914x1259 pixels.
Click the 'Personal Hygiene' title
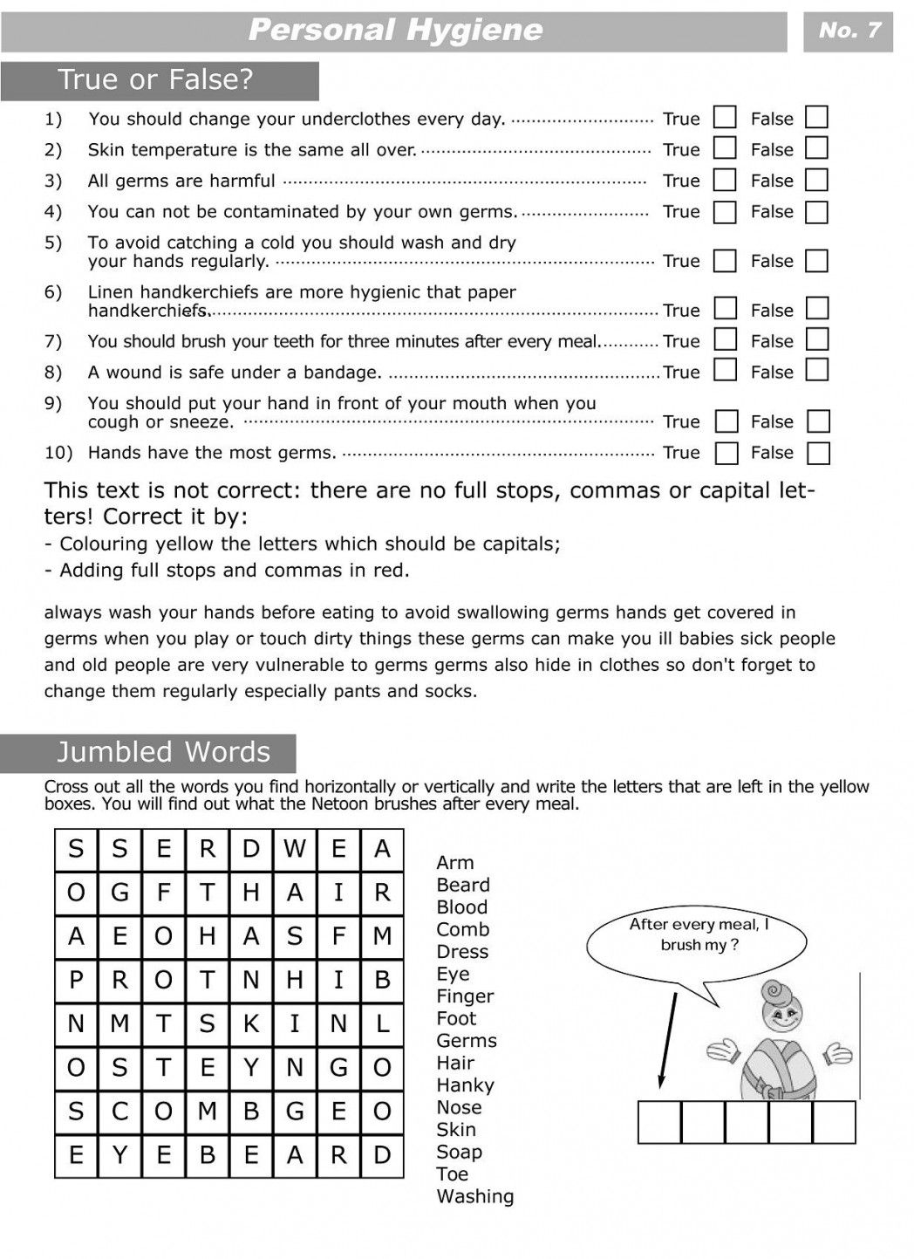point(395,31)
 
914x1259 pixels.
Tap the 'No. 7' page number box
point(849,31)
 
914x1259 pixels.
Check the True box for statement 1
point(725,118)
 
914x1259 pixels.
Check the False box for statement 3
point(816,181)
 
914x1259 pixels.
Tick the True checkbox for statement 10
point(726,453)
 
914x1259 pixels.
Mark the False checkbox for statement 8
point(816,371)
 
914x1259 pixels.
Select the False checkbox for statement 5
point(816,261)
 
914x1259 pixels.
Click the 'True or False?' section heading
point(157,80)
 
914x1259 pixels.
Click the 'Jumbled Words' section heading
point(163,752)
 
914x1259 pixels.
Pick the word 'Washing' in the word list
point(474,1196)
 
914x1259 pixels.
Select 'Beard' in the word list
point(463,885)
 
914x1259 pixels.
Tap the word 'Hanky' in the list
point(465,1085)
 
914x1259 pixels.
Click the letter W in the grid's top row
point(295,849)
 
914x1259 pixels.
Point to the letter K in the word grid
point(251,1024)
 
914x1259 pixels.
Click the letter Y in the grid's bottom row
point(119,1156)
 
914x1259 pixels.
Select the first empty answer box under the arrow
point(659,1122)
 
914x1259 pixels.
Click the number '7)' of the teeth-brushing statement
point(53,341)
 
